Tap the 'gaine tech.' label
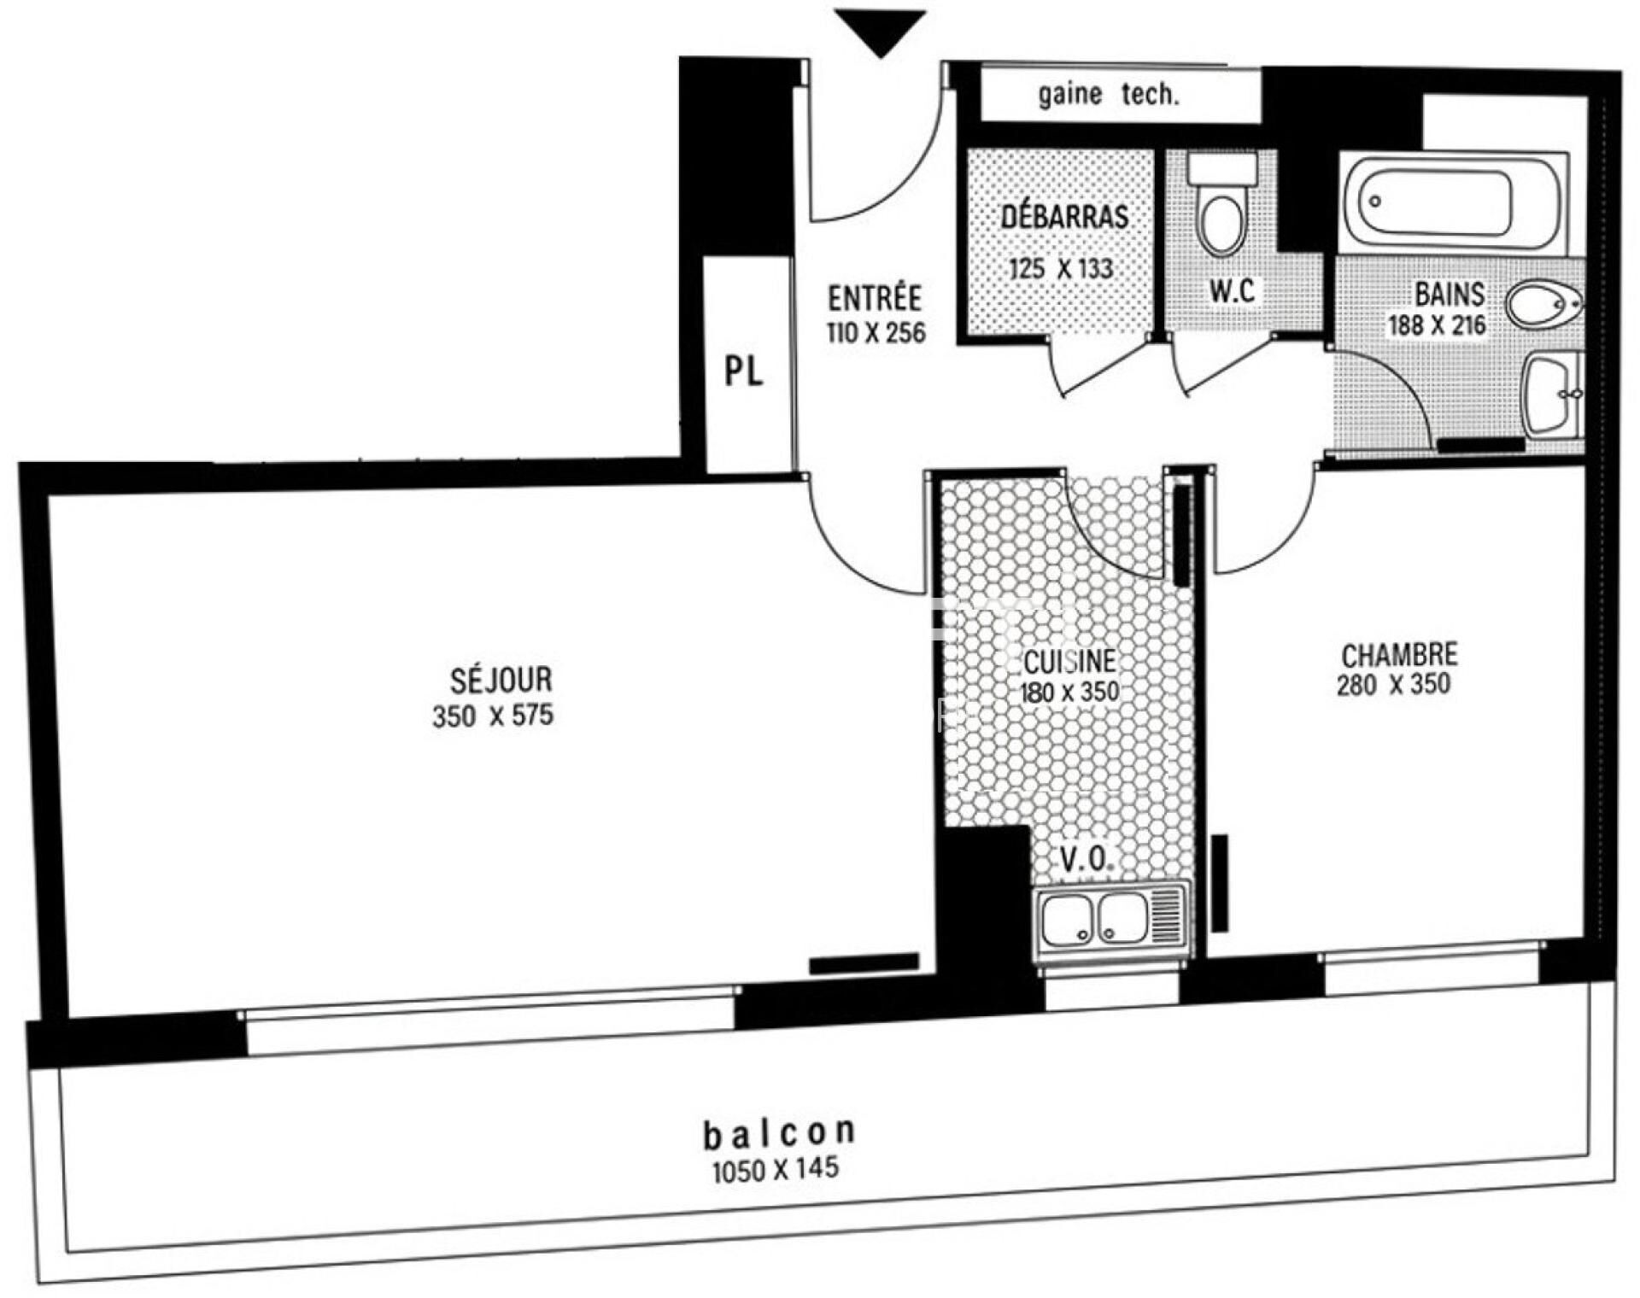point(1109,94)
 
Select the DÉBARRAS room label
point(1064,216)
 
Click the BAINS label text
point(1450,295)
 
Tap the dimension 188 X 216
point(1437,325)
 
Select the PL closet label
point(743,371)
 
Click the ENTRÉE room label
point(875,298)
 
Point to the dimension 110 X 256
point(876,332)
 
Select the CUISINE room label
point(1069,662)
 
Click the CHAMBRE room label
point(1399,655)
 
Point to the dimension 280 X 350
point(1393,685)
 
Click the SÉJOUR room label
point(501,680)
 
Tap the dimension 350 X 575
point(493,716)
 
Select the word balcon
point(779,1132)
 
